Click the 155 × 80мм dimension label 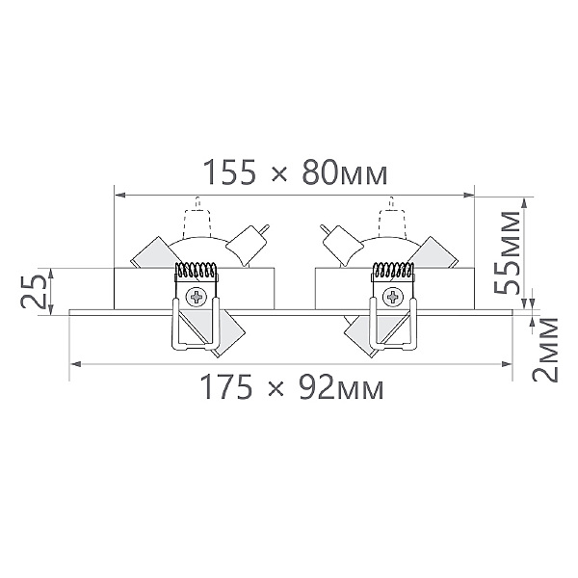[295, 172]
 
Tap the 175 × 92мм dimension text [292, 387]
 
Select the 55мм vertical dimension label [507, 252]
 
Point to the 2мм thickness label [545, 349]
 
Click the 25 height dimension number [33, 292]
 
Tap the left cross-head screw [197, 297]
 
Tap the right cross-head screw [393, 297]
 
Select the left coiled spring [196, 270]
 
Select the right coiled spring [393, 270]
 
